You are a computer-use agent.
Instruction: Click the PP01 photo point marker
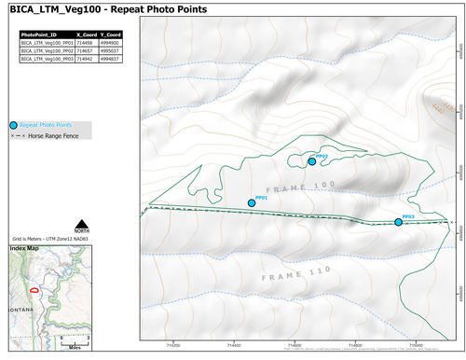click(x=251, y=203)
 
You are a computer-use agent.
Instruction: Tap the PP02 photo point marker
click(x=312, y=161)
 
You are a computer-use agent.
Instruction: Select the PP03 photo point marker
click(x=398, y=222)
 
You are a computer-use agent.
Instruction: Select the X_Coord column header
click(x=87, y=34)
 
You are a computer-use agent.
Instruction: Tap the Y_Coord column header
click(x=111, y=34)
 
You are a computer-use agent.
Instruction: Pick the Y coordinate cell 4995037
click(x=110, y=48)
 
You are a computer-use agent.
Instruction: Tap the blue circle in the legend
click(x=13, y=124)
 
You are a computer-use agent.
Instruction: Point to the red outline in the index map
click(x=34, y=291)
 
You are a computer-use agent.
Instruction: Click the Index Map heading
click(x=25, y=249)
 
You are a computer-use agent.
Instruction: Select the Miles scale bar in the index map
click(x=74, y=339)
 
